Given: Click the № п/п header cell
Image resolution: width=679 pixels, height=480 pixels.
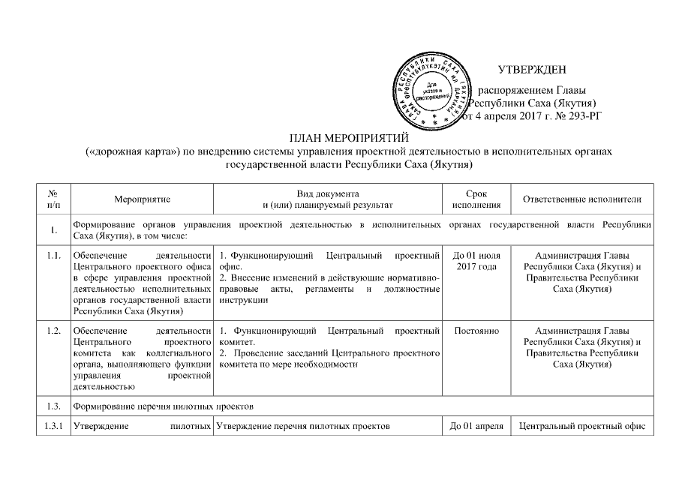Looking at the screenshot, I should pyautogui.click(x=53, y=199).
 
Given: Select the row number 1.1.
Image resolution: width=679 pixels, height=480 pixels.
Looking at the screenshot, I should pyautogui.click(x=53, y=256).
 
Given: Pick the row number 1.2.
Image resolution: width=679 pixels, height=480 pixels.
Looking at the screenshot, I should pyautogui.click(x=53, y=331).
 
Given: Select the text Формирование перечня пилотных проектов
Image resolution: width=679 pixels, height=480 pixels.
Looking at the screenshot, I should pyautogui.click(x=165, y=406).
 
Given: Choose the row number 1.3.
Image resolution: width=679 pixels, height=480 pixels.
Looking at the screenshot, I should pyautogui.click(x=53, y=406).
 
